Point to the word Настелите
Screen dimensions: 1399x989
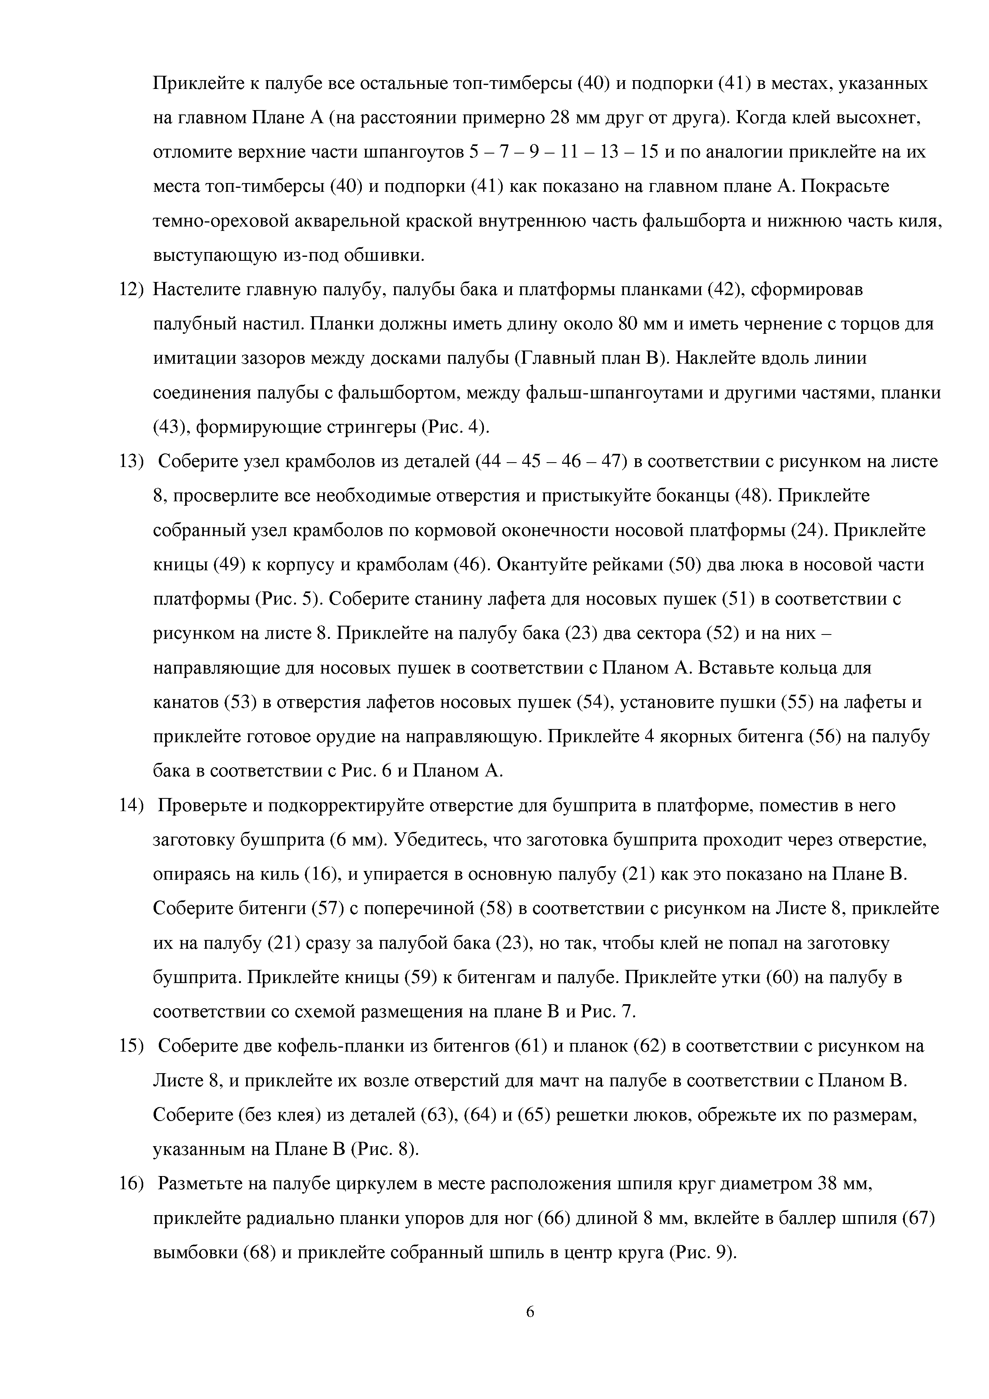pos(195,290)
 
